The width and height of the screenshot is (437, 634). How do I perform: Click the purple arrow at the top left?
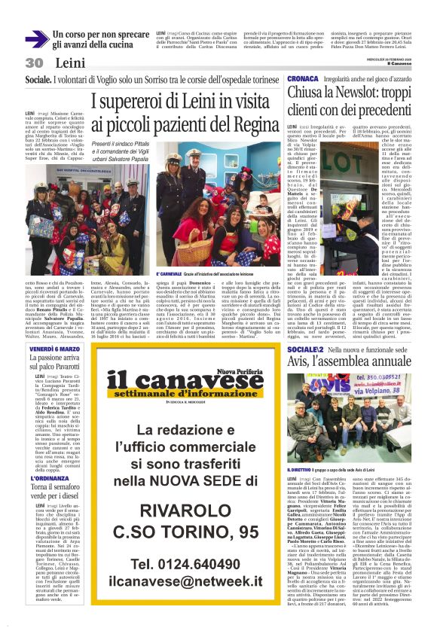[x=37, y=39]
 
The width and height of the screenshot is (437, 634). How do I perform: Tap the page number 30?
[x=34, y=62]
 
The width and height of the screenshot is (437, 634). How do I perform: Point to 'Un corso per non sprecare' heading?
[x=100, y=35]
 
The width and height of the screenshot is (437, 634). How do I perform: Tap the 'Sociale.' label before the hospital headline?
[x=38, y=80]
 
